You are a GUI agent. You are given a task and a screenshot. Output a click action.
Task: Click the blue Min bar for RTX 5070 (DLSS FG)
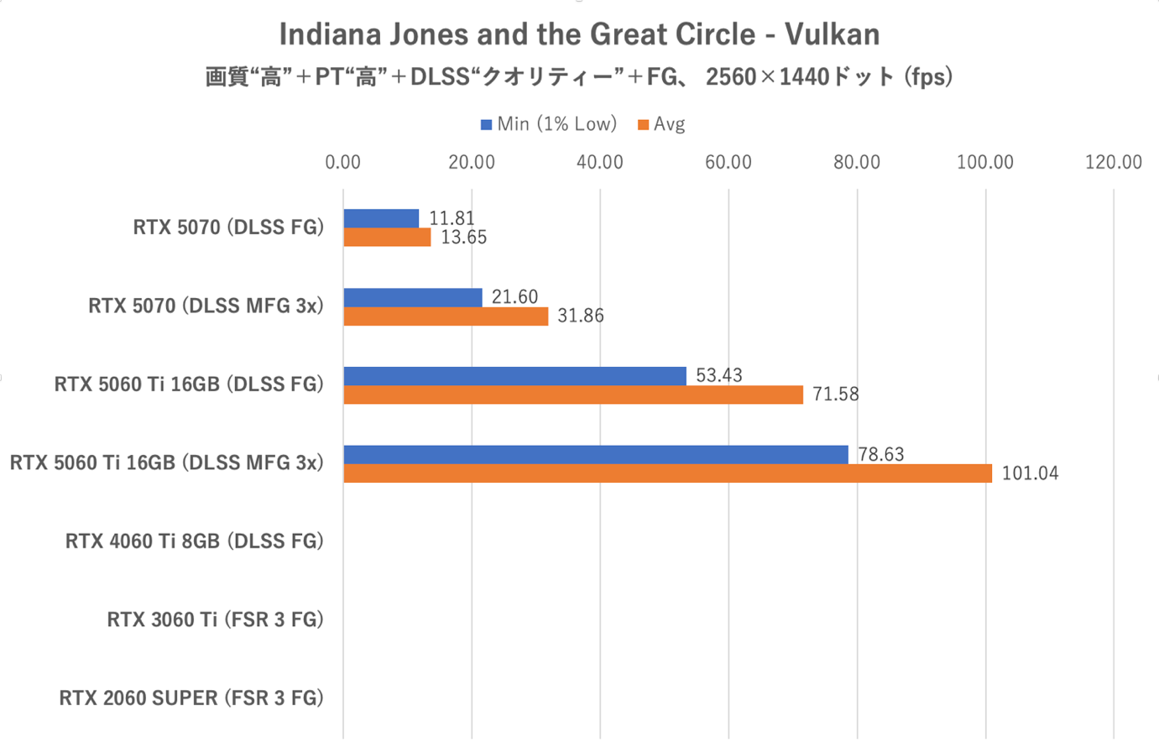click(381, 218)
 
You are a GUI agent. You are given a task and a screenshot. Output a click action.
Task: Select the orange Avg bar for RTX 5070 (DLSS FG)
click(387, 238)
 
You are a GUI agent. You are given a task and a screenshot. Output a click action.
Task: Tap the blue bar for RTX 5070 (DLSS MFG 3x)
click(413, 297)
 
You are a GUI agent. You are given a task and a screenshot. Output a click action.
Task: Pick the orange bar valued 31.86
click(446, 316)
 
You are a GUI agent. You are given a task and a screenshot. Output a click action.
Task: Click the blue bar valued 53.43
click(514, 375)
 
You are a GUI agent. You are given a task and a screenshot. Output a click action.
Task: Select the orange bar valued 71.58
click(573, 395)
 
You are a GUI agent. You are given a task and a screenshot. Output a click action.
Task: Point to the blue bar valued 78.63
click(596, 454)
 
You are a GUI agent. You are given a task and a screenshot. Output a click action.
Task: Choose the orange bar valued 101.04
click(667, 473)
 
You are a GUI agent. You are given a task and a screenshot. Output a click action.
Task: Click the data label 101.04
click(1030, 473)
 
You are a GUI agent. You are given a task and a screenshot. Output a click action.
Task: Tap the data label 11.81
click(452, 218)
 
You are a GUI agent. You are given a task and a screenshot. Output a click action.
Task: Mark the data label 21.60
click(514, 297)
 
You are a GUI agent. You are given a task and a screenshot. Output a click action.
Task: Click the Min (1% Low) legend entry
click(549, 124)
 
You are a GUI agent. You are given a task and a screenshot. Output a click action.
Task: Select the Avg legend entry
click(662, 124)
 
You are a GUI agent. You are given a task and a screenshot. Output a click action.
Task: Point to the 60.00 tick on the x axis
click(728, 162)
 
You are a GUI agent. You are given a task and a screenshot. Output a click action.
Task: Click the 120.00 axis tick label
click(1113, 162)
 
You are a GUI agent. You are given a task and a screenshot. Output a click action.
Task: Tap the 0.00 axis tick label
click(342, 162)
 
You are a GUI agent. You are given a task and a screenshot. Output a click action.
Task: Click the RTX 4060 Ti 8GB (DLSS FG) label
click(194, 541)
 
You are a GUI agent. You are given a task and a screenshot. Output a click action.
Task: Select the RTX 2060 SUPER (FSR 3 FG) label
click(191, 698)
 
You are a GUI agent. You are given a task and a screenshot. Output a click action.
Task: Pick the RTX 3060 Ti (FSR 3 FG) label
click(215, 620)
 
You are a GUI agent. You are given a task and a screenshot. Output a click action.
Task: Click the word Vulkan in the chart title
click(832, 34)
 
